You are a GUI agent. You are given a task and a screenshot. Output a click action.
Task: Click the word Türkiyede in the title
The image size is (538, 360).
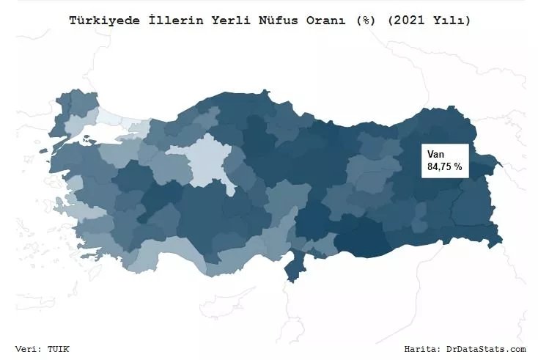click(100, 21)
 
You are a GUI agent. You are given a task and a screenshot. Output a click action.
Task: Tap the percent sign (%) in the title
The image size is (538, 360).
click(363, 21)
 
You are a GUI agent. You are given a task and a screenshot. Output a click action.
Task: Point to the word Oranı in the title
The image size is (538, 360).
click(328, 21)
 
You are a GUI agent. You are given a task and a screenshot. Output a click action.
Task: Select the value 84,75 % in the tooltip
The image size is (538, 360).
click(444, 167)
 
